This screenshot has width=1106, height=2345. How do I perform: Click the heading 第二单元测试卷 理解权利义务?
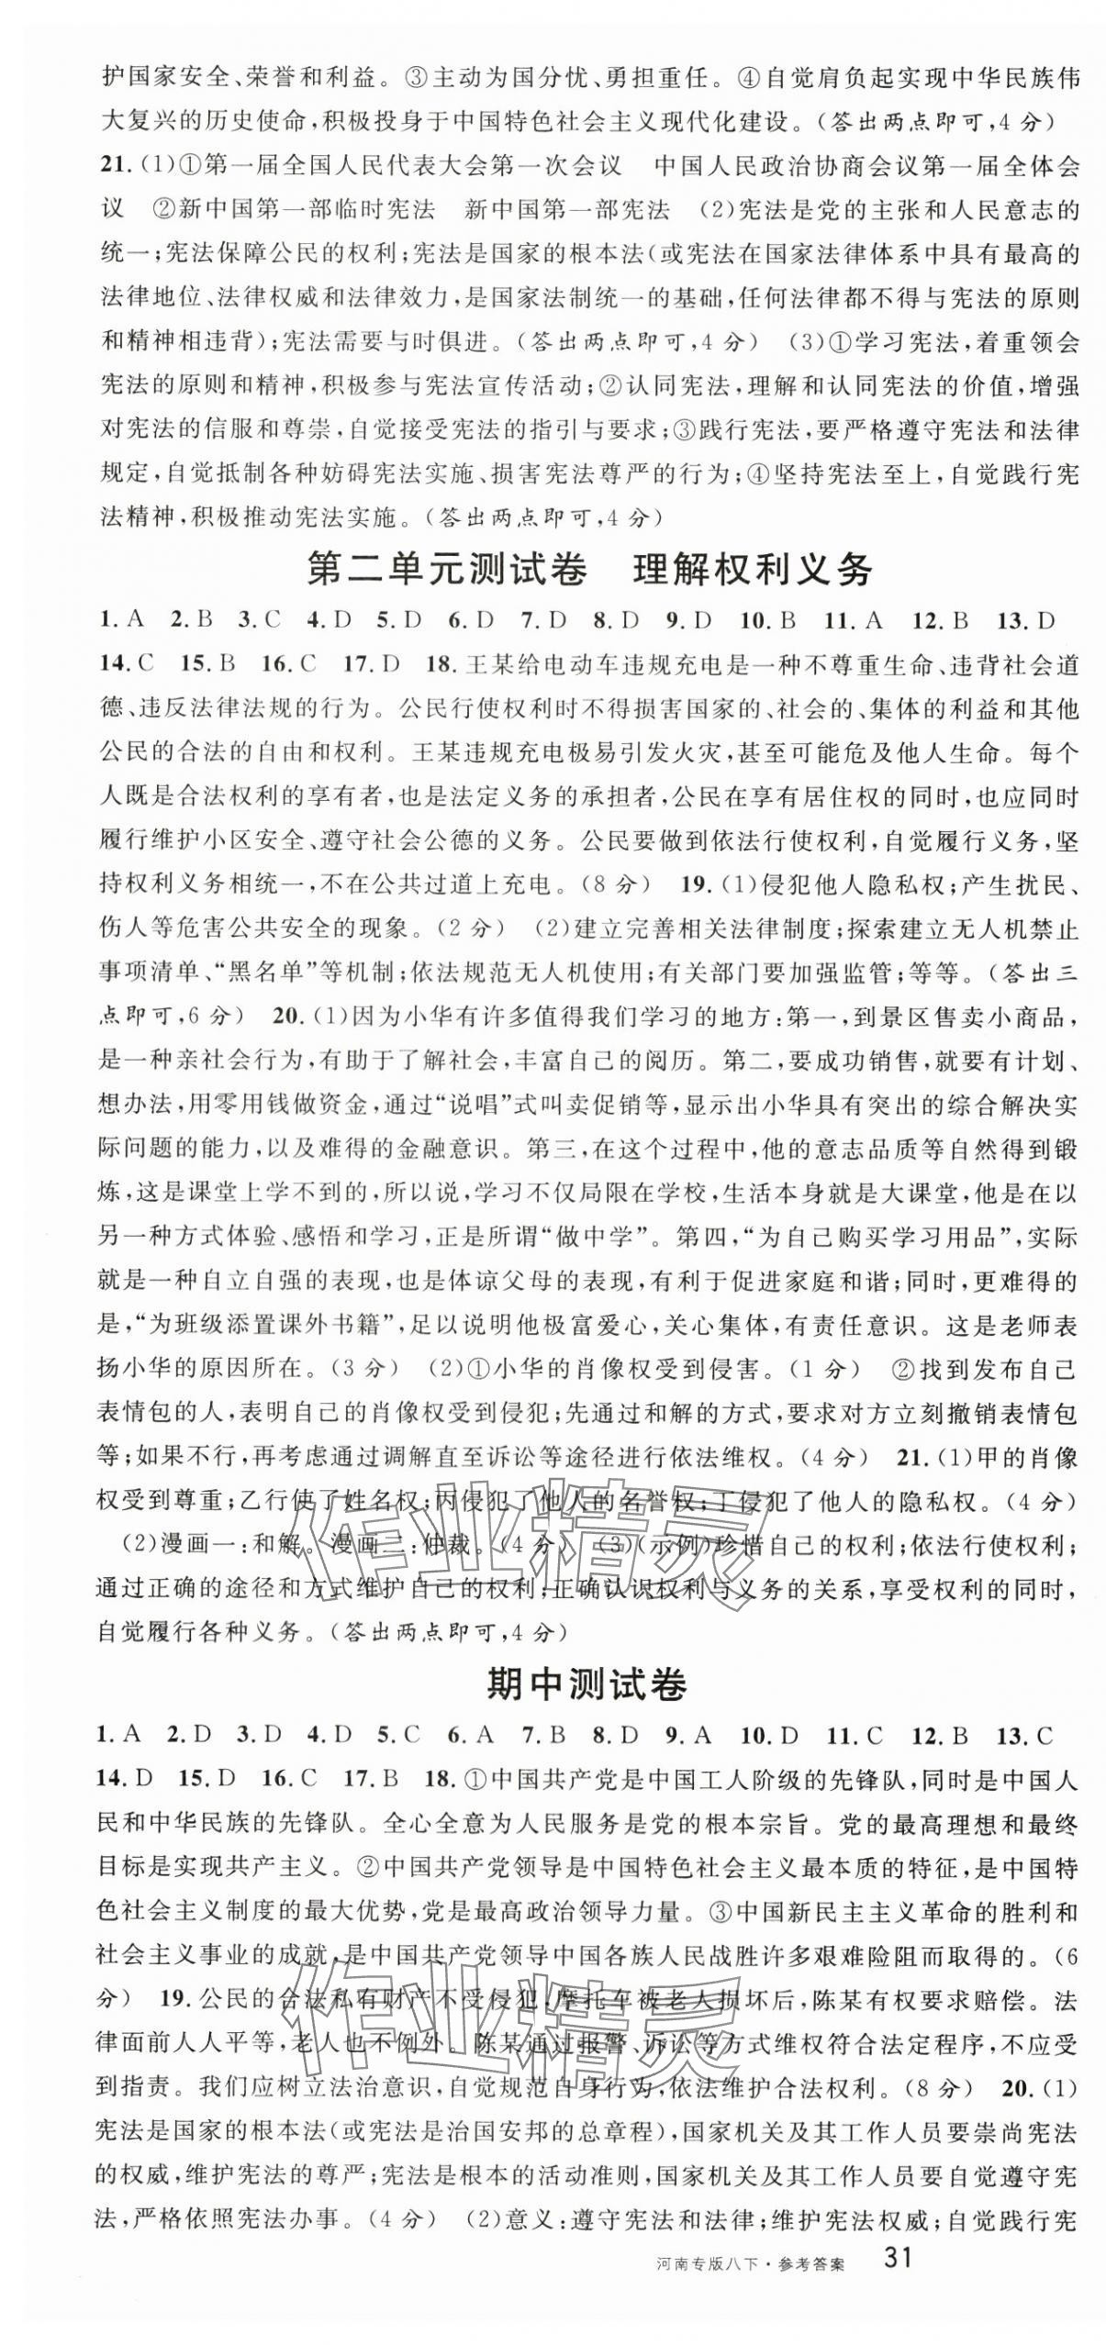coord(587,571)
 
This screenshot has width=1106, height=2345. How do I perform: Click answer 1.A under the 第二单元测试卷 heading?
coord(120,621)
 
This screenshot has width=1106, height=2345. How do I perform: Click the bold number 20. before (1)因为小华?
coord(289,1017)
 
